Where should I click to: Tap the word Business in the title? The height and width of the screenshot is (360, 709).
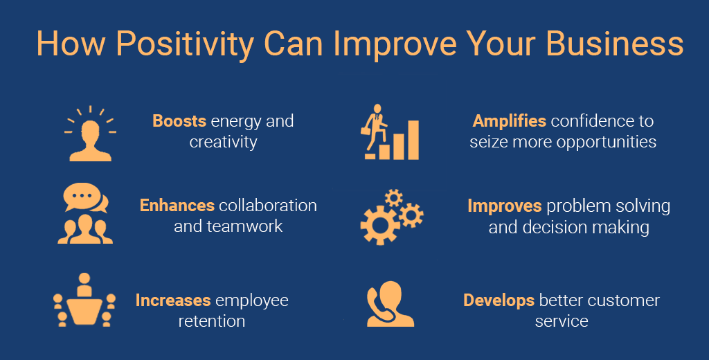615,44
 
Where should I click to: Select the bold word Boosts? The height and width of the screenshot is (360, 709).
179,121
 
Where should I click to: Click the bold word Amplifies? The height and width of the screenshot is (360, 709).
509,121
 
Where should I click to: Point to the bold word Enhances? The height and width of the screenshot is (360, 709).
177,206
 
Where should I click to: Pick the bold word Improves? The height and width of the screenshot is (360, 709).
505,206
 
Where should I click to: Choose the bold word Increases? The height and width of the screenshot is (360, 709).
173,300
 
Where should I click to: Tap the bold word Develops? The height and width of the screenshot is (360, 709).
499,300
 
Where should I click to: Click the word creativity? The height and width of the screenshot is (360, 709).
224,143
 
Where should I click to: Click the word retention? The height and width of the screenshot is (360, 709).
212,321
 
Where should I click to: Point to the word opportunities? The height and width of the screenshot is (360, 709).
607,143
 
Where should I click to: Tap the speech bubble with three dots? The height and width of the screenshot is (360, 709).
82,197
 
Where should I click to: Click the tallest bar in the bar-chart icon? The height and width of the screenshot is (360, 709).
413,140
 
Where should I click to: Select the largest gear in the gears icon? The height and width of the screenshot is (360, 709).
380,225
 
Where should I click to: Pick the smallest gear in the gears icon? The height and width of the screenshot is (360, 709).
394,197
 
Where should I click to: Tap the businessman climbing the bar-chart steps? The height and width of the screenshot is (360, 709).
375,128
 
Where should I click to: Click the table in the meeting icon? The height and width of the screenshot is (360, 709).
84,312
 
